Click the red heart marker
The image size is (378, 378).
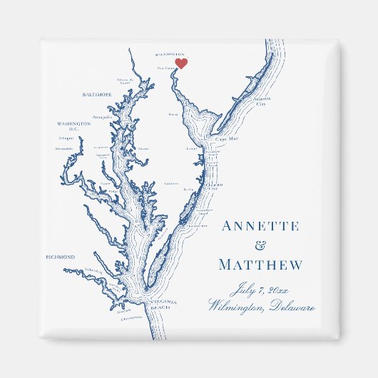(181, 63)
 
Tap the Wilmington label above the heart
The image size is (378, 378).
(170, 53)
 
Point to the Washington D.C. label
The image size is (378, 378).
(74, 126)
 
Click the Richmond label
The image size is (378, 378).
(61, 257)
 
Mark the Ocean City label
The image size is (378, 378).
(216, 184)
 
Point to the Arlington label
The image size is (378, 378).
(66, 138)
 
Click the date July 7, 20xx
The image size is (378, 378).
(260, 290)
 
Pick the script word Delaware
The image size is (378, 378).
(290, 307)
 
